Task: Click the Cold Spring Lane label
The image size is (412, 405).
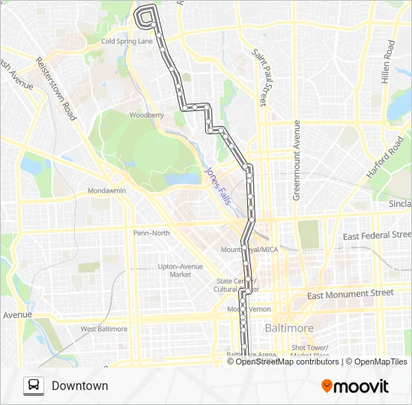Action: tap(127, 41)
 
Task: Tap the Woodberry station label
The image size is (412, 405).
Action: tap(146, 115)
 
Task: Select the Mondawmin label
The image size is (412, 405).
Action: tap(107, 190)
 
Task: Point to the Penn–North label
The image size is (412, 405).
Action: tap(151, 233)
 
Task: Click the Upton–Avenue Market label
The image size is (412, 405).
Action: tap(180, 270)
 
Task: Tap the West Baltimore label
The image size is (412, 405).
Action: tap(104, 328)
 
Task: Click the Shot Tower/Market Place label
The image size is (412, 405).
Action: tap(310, 351)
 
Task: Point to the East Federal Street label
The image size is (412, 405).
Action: tap(377, 235)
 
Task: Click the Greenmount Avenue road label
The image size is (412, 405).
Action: tap(297, 160)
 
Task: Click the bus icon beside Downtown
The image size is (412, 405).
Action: tap(34, 385)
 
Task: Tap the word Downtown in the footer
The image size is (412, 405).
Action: tap(80, 386)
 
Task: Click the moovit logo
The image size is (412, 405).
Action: tap(355, 386)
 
